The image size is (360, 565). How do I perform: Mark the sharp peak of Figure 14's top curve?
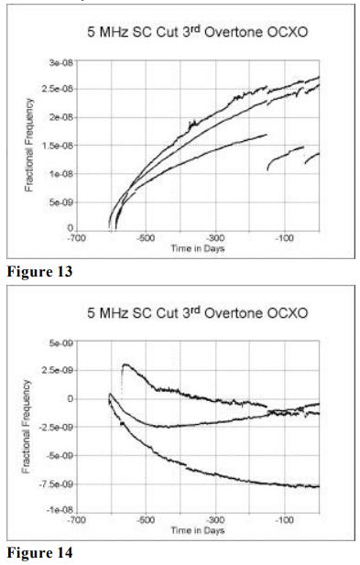(124, 364)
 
